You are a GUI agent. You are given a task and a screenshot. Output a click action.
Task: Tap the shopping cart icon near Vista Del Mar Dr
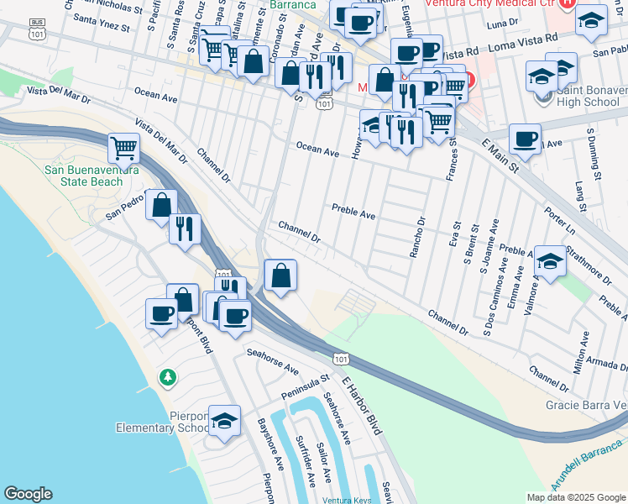[124, 148]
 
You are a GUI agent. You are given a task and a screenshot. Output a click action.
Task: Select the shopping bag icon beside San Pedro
[161, 204]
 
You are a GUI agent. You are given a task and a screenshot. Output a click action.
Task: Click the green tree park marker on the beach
[169, 378]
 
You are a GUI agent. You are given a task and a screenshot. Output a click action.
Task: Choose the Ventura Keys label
[347, 500]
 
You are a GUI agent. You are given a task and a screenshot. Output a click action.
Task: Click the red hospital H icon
[567, 4]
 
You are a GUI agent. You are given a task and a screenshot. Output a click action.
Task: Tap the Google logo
[28, 494]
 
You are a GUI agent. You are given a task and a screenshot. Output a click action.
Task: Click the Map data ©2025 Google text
[575, 496]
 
